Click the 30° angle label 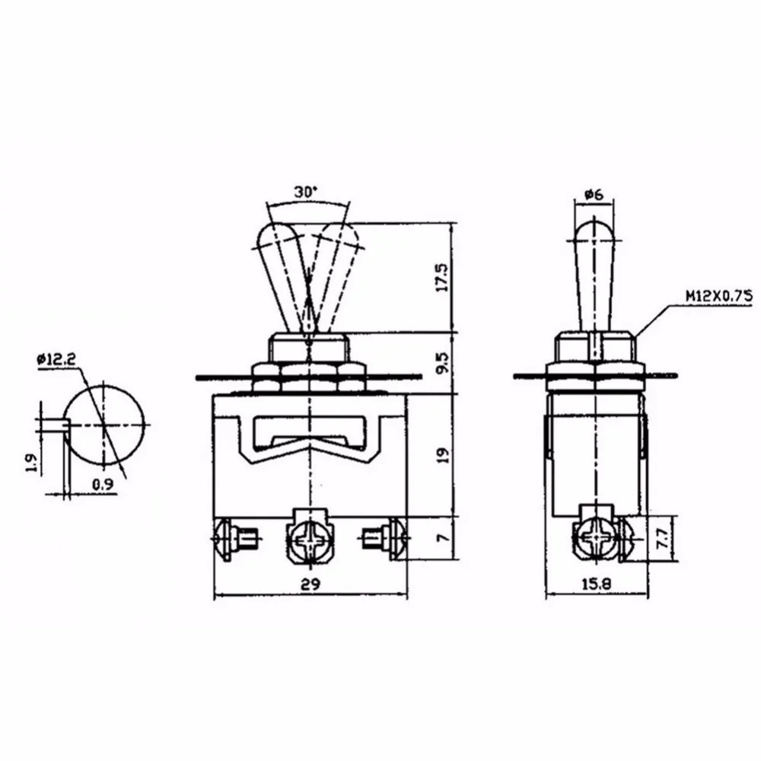tap(305, 192)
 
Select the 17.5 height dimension tap(442, 278)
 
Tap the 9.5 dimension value tap(442, 363)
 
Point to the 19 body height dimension tap(443, 455)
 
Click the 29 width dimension tap(310, 584)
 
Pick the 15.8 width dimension tap(597, 584)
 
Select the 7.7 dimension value tap(662, 538)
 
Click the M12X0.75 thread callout tap(719, 295)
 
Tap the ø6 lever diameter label tap(594, 195)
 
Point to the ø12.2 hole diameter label tap(56, 359)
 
